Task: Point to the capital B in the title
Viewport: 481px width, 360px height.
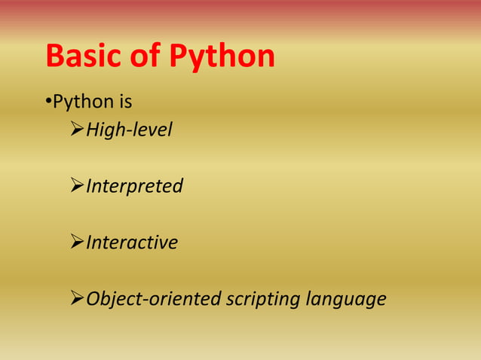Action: pyautogui.click(x=55, y=56)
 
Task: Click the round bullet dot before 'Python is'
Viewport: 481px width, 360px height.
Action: pyautogui.click(x=47, y=101)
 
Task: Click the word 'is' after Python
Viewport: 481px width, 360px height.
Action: pyautogui.click(x=124, y=100)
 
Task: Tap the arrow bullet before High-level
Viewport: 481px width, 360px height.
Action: pyautogui.click(x=75, y=130)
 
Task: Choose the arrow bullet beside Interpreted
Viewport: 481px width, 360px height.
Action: pyautogui.click(x=75, y=186)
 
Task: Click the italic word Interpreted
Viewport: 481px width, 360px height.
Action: pyautogui.click(x=134, y=186)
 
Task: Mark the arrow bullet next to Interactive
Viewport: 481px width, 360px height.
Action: pyautogui.click(x=75, y=243)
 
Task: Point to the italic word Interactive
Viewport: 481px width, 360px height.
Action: pyautogui.click(x=132, y=243)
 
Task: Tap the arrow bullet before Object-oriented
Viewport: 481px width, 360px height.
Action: pyautogui.click(x=75, y=300)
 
